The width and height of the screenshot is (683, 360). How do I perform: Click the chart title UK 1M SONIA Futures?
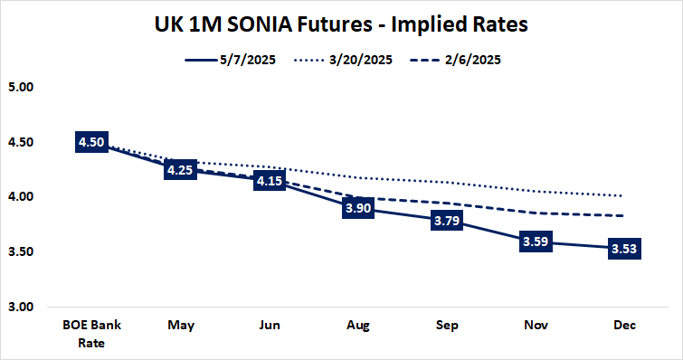341,25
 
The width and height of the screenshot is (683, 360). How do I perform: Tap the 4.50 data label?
93,142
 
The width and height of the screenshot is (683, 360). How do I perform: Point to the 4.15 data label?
269,181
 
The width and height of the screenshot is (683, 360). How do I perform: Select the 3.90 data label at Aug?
356,208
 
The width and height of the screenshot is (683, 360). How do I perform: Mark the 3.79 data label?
444,220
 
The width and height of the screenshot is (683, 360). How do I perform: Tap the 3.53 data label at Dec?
624,249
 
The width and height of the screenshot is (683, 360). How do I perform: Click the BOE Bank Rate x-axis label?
93,332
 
